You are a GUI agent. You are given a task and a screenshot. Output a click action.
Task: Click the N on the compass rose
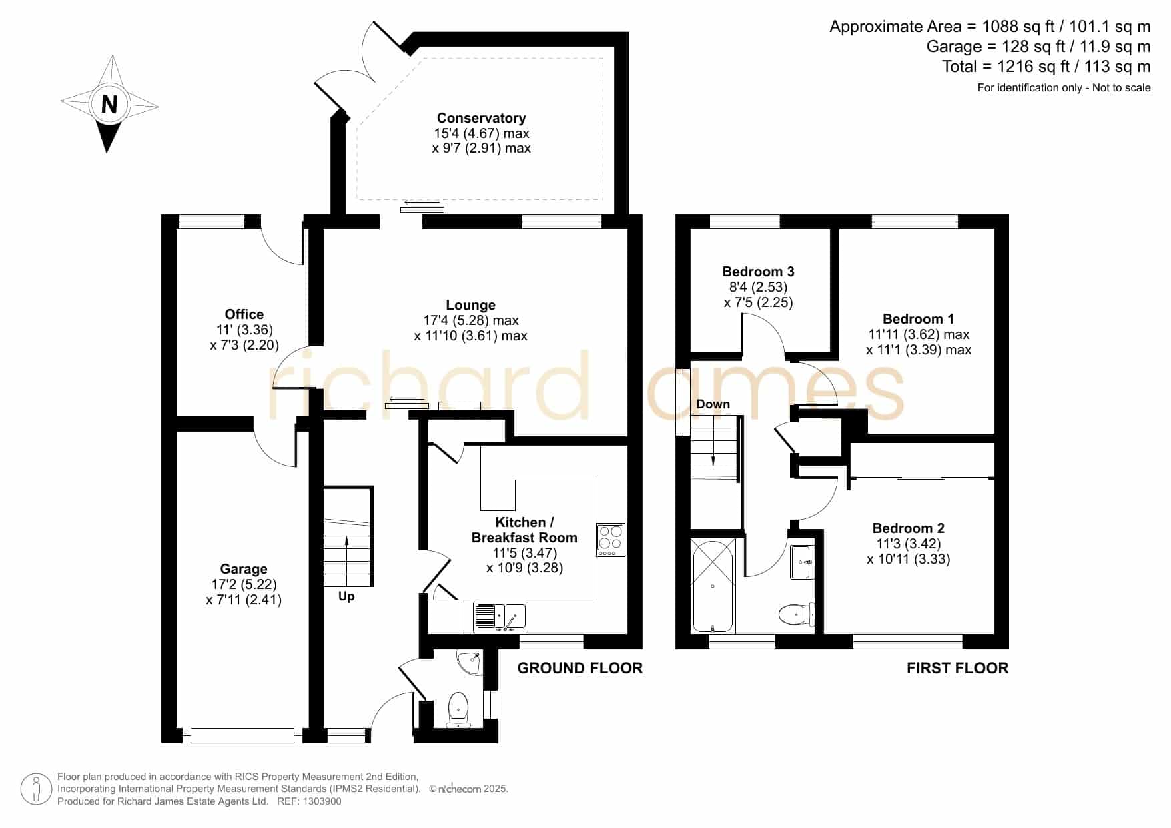(x=109, y=105)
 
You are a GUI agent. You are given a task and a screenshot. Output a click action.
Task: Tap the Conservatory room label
(x=481, y=118)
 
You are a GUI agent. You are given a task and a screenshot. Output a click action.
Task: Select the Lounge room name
(x=470, y=305)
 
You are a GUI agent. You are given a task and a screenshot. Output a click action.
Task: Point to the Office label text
(x=244, y=314)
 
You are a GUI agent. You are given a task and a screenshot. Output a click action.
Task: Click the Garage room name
(x=244, y=569)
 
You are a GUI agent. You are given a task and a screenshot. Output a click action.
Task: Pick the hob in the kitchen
(x=611, y=540)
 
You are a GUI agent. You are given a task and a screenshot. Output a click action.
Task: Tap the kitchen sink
(x=500, y=616)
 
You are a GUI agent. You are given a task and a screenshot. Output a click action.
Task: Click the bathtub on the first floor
(x=713, y=585)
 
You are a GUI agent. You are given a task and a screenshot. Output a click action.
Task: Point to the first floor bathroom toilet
(x=796, y=614)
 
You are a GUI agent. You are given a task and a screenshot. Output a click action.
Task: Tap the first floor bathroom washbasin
(x=801, y=562)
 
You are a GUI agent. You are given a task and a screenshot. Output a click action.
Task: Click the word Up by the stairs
(x=346, y=596)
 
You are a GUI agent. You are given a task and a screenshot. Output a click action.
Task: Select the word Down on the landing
(x=713, y=404)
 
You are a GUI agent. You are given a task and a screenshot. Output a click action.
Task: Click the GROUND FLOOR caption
(x=580, y=668)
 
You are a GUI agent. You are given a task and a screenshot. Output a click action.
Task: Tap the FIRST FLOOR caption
(x=957, y=668)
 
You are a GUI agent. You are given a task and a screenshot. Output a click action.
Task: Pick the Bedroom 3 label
(x=758, y=272)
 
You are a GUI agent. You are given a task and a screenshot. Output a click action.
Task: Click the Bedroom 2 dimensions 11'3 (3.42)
(x=908, y=544)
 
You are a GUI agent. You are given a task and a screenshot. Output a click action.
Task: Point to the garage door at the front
(x=242, y=735)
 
